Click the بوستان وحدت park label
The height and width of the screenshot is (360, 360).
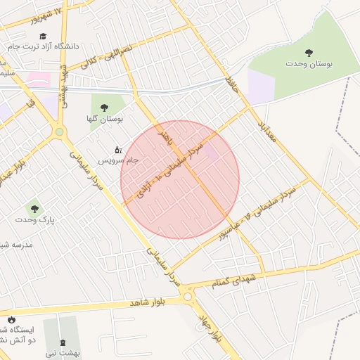(309, 64)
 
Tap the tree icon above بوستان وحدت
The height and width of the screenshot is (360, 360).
(309, 53)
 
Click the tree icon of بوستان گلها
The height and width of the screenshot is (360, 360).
(104, 108)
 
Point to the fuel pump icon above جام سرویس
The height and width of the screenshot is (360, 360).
(117, 149)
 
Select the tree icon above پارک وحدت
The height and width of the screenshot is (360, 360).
(34, 208)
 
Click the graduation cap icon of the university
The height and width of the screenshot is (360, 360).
(43, 35)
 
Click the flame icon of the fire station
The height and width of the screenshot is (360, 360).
(11, 320)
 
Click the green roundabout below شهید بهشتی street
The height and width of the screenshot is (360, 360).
(60, 131)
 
